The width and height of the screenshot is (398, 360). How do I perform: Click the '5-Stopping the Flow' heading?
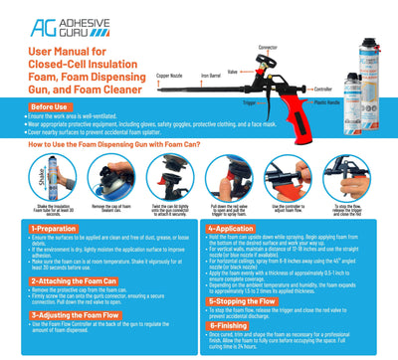(x=251, y=300)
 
